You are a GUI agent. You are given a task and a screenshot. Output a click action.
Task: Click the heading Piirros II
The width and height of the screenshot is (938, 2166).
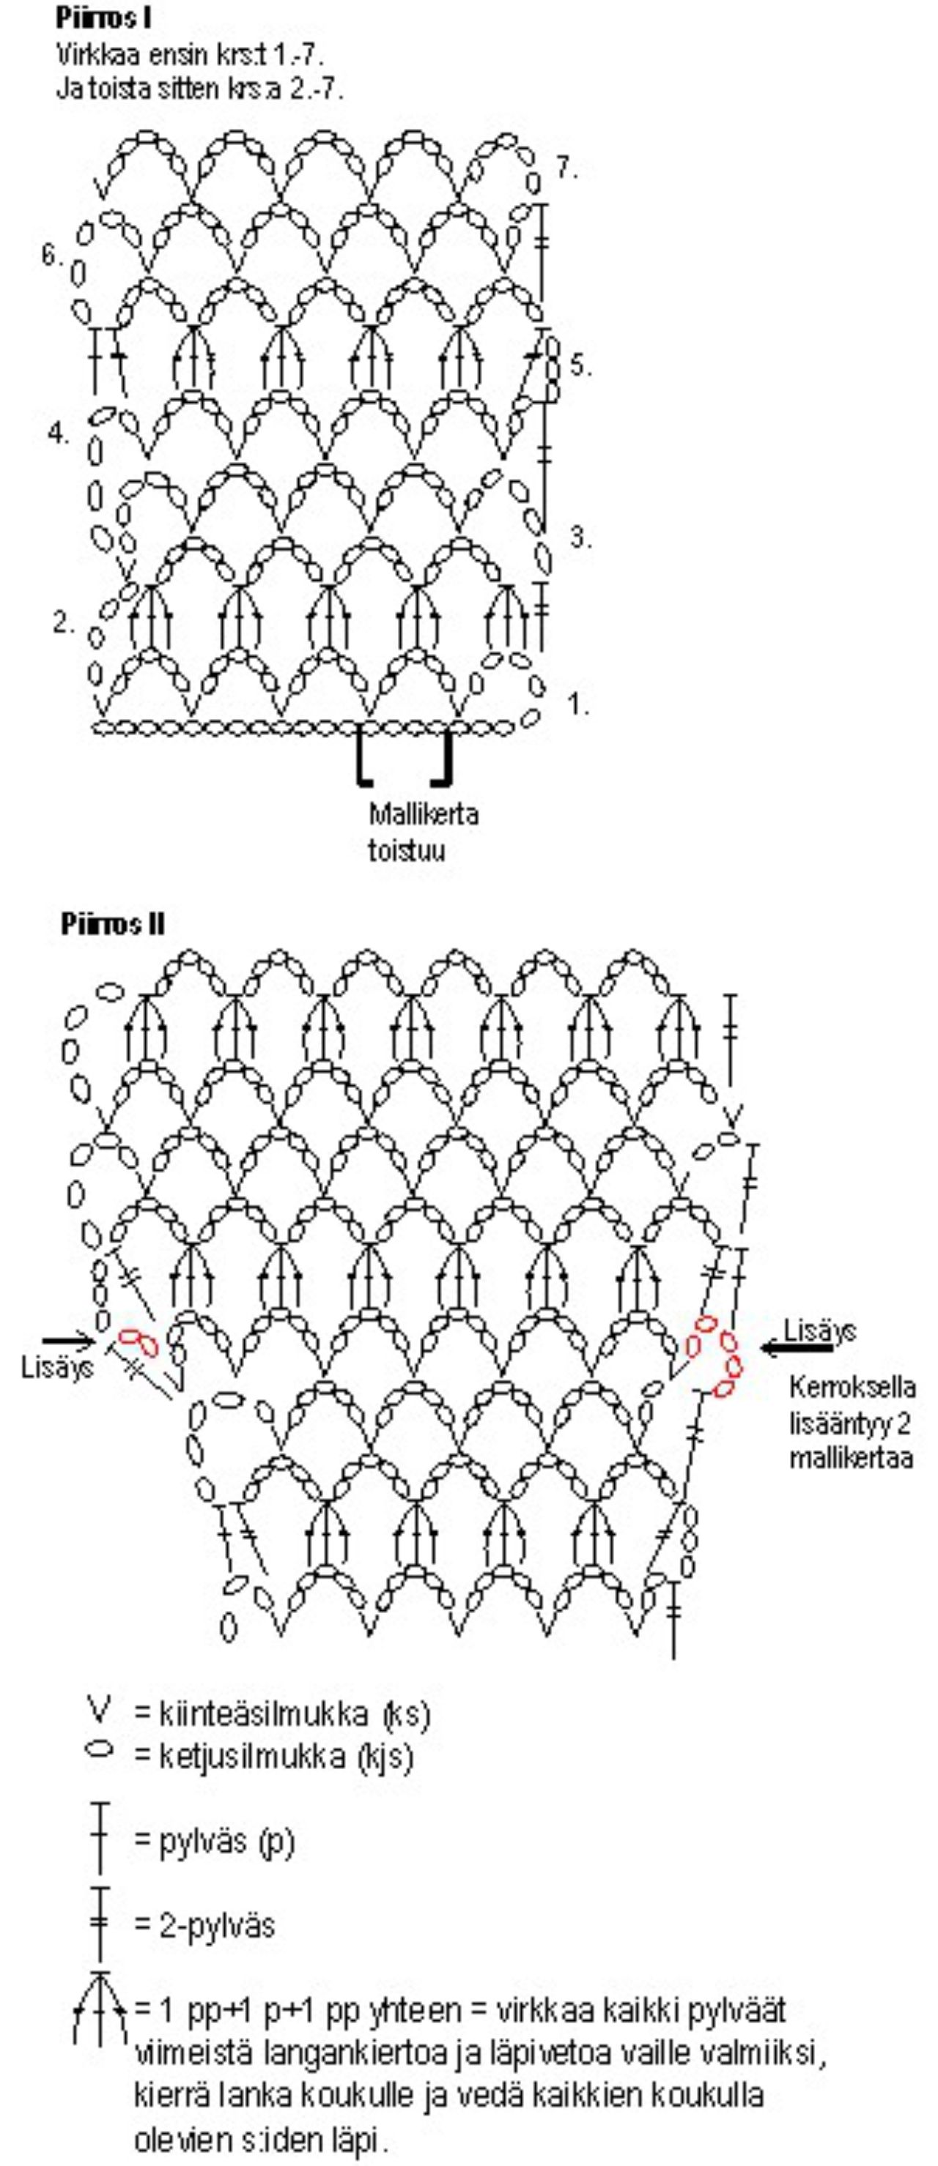click(112, 925)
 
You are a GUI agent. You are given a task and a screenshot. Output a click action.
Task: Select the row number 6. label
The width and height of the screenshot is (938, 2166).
click(52, 253)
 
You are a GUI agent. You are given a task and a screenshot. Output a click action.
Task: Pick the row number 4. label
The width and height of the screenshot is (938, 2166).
click(58, 434)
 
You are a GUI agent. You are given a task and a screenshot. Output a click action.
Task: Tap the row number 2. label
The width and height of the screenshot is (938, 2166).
click(63, 623)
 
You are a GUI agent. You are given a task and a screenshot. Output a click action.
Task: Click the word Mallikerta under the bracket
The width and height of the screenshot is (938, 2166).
click(423, 814)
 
